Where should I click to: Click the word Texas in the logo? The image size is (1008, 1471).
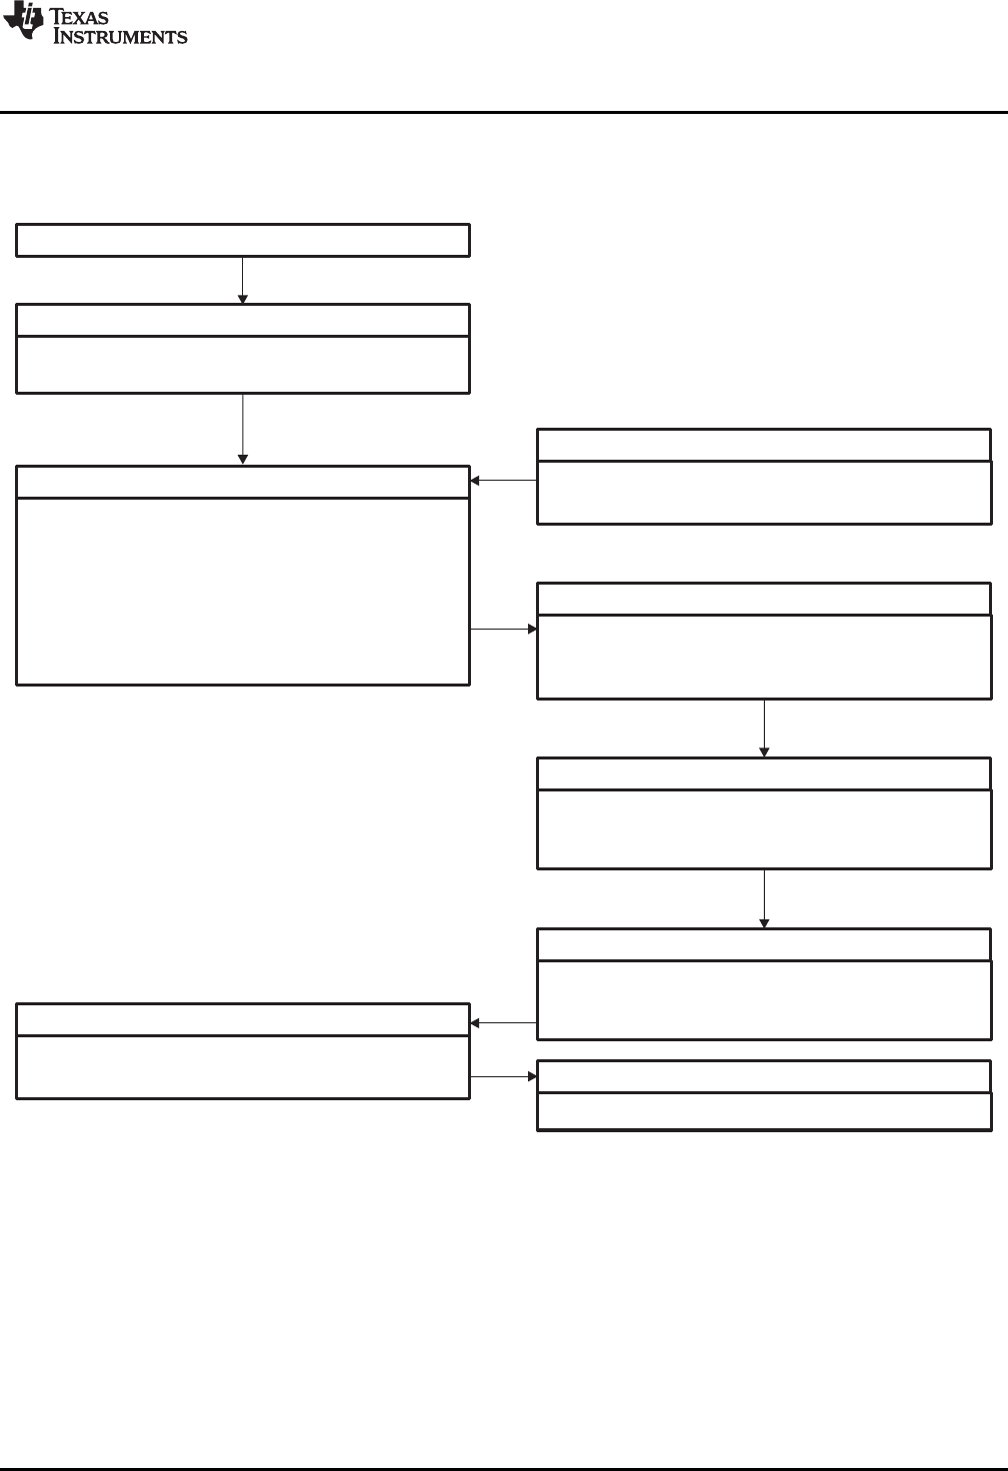(x=86, y=17)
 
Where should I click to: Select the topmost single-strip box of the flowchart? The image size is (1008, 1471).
(x=243, y=241)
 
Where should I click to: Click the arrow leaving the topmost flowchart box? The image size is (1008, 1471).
(x=243, y=280)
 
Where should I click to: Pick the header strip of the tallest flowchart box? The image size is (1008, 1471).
(x=243, y=481)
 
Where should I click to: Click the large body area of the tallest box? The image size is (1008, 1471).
(x=243, y=590)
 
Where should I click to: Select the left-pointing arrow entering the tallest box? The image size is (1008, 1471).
(x=503, y=481)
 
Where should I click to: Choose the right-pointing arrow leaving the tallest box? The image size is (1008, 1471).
(x=503, y=630)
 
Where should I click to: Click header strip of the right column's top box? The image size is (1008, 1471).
(x=764, y=445)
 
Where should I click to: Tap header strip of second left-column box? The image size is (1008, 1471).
(x=243, y=321)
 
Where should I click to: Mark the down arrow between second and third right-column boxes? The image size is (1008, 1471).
(x=764, y=728)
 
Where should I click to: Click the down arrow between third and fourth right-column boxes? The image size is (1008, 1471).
(x=764, y=898)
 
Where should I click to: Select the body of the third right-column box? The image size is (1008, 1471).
(x=764, y=828)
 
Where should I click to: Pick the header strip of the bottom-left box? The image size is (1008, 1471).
(x=243, y=1020)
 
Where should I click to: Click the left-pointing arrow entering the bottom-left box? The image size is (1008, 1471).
(x=503, y=1023)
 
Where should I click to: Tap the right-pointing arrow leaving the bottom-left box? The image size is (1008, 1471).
(x=503, y=1077)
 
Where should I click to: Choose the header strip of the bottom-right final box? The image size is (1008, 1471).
(x=764, y=1077)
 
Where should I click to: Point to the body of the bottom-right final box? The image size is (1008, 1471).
(x=764, y=1111)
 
